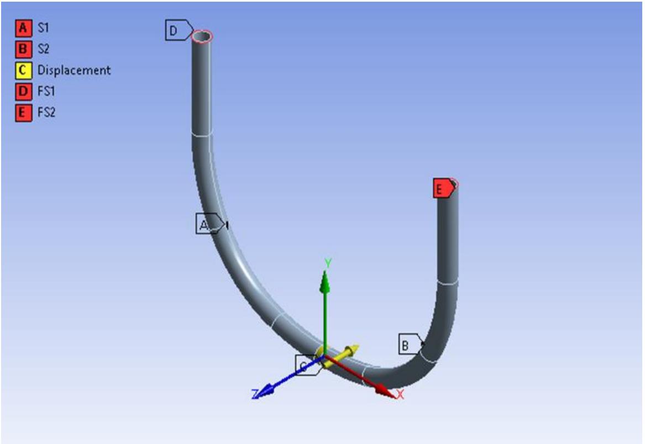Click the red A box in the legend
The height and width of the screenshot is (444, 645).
click(x=23, y=27)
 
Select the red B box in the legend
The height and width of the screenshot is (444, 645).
click(x=23, y=49)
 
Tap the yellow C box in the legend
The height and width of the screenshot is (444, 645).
click(x=23, y=70)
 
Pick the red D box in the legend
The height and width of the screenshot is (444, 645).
click(x=23, y=91)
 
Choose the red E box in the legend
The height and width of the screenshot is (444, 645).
click(x=23, y=113)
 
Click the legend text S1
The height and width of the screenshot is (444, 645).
click(x=44, y=27)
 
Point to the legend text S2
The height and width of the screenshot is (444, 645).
click(x=44, y=49)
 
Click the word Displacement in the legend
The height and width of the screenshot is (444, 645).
click(x=74, y=70)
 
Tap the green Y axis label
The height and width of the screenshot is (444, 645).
click(x=328, y=263)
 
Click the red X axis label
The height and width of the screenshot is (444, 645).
click(x=400, y=394)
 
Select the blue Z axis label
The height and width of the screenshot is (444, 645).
click(x=255, y=394)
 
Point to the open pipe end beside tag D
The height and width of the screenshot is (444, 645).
click(x=202, y=36)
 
